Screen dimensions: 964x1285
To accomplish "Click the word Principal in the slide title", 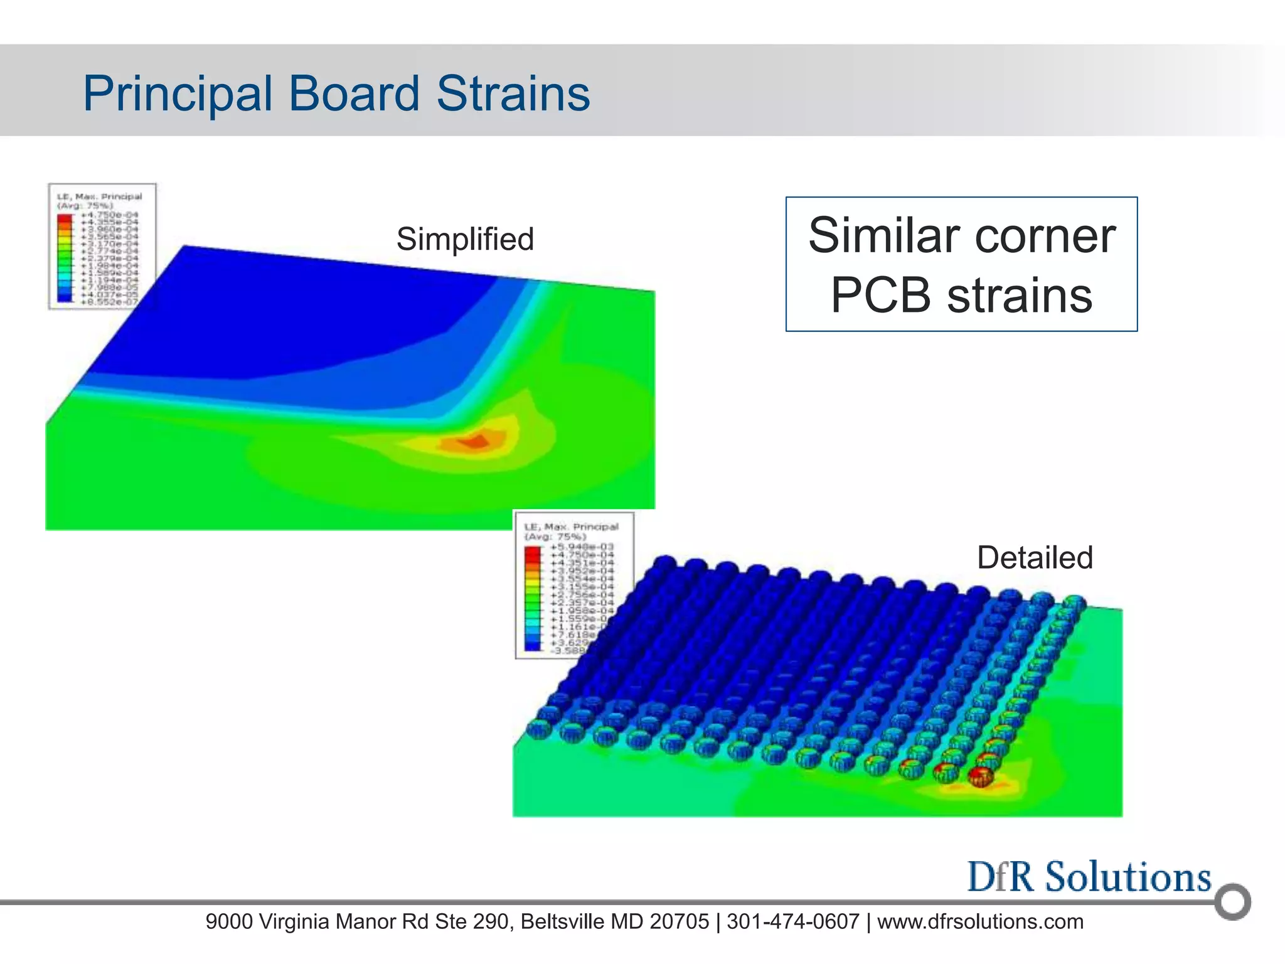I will (178, 94).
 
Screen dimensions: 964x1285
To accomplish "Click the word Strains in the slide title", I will (513, 94).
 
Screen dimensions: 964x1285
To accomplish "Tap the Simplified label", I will (465, 239).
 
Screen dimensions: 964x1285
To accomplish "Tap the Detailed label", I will (1035, 557).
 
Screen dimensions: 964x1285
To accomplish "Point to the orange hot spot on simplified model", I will (475, 442).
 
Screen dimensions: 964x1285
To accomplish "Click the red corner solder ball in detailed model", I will (980, 776).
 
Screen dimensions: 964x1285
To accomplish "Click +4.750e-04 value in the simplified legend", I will (109, 215).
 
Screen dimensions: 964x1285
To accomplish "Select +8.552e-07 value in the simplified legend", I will (109, 302).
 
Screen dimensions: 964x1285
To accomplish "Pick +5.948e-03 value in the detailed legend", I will (582, 547).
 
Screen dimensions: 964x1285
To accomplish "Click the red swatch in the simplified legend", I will (65, 218).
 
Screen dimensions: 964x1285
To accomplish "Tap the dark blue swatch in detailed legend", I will (532, 646).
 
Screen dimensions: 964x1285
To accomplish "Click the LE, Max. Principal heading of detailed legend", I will (571, 527).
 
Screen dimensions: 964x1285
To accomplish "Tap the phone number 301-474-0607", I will (792, 921).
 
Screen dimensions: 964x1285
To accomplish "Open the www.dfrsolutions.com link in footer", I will (980, 921).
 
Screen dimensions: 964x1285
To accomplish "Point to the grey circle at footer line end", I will (1232, 902).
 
